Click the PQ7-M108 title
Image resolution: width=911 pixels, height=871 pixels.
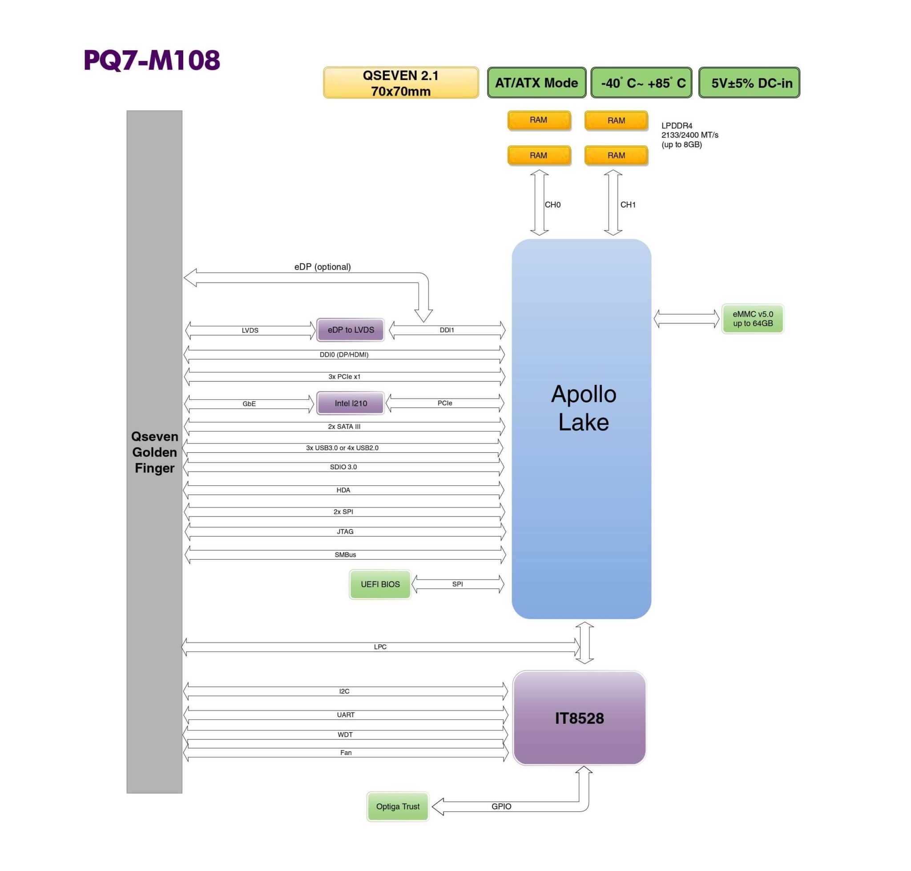pos(151,60)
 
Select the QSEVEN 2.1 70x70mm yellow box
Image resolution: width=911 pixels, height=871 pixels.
pos(400,83)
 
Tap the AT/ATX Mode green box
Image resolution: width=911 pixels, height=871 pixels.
pos(536,83)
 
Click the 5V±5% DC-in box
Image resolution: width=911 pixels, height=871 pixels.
pos(749,83)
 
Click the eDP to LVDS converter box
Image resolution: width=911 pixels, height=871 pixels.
pos(350,330)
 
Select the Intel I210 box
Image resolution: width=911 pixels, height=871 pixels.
pos(350,403)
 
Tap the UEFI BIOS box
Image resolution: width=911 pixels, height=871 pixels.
pos(380,584)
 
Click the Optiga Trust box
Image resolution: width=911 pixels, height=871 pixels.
pos(398,806)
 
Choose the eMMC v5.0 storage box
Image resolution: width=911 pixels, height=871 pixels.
pos(752,319)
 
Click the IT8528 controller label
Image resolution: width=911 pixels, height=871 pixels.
pos(579,718)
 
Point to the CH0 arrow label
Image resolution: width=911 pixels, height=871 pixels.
pos(552,205)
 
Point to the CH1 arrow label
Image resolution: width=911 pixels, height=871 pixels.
pos(627,205)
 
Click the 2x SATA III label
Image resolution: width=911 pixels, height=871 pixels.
pos(343,426)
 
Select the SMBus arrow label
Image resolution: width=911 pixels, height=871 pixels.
pos(345,554)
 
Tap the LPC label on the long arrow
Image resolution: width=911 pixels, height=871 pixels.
pos(380,647)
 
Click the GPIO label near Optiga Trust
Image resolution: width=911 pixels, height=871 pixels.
pos(501,806)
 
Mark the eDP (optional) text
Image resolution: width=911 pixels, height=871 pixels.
pos(322,267)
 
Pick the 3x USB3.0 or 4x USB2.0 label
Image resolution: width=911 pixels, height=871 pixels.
pos(342,448)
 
